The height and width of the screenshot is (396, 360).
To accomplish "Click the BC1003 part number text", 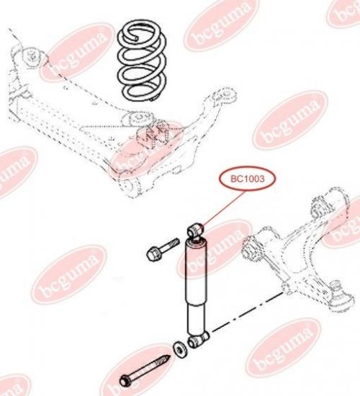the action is click(244, 179).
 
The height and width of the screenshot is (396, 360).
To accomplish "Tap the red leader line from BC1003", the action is click(224, 208).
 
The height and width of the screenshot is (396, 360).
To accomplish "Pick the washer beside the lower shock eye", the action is click(179, 349).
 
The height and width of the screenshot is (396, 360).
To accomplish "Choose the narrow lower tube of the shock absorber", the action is click(197, 319).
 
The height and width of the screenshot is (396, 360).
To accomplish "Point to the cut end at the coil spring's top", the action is click(137, 38).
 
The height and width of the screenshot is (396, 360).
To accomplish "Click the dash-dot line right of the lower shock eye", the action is click(247, 312).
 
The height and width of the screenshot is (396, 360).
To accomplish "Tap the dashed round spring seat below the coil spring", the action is click(138, 118).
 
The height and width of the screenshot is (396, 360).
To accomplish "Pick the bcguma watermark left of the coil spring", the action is click(77, 53).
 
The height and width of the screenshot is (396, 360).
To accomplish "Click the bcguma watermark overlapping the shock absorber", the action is click(215, 249).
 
